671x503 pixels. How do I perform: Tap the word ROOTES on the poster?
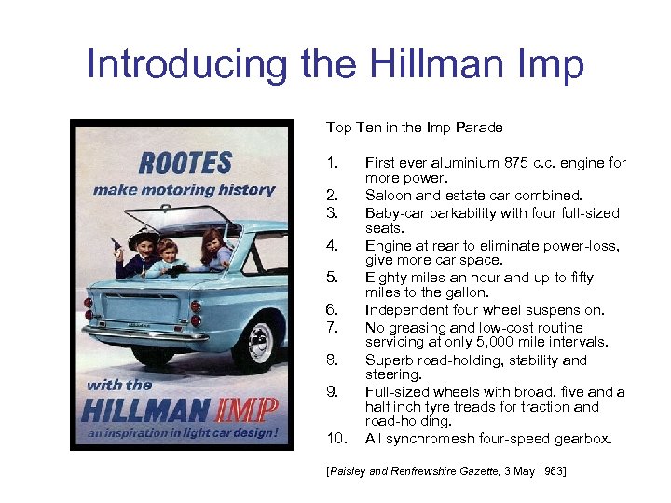[185, 164]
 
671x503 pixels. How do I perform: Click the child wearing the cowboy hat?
[142, 252]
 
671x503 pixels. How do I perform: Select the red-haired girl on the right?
[215, 249]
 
